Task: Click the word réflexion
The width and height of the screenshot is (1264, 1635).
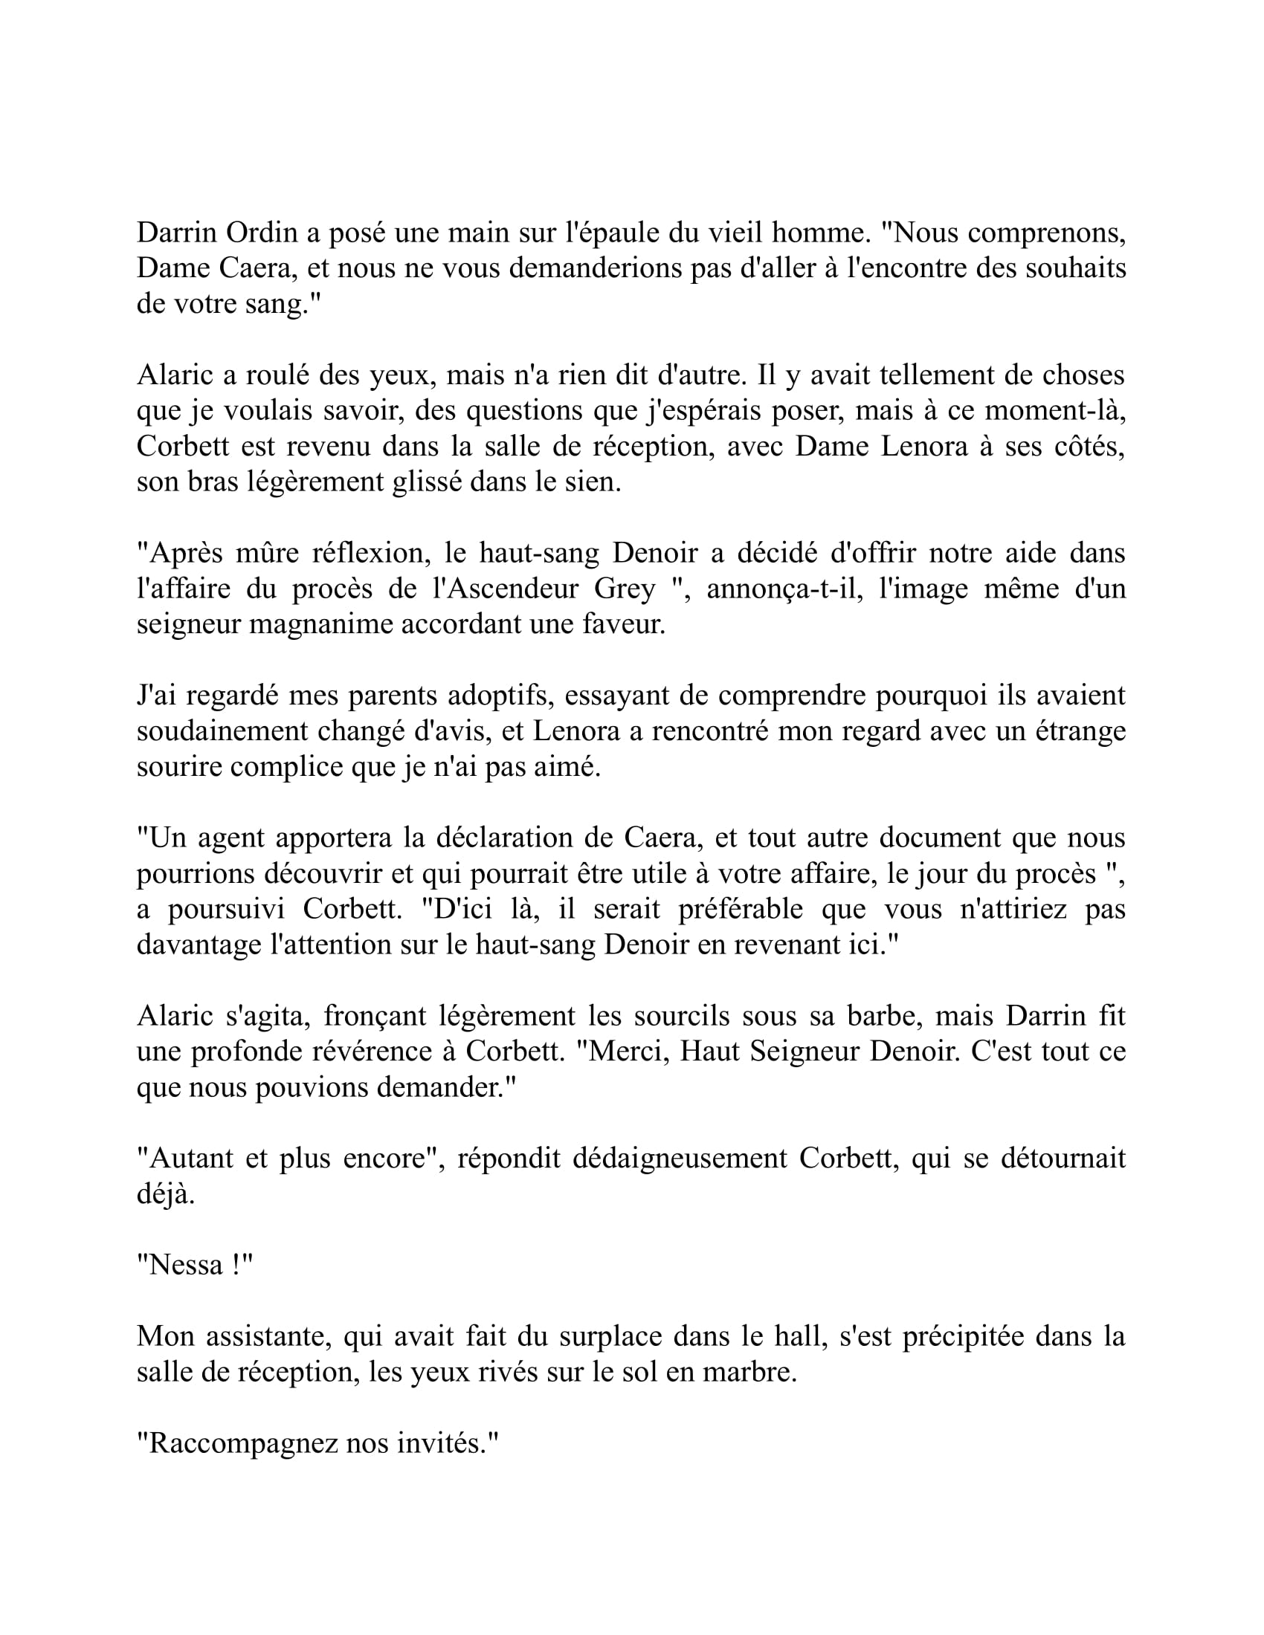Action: pos(364,553)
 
